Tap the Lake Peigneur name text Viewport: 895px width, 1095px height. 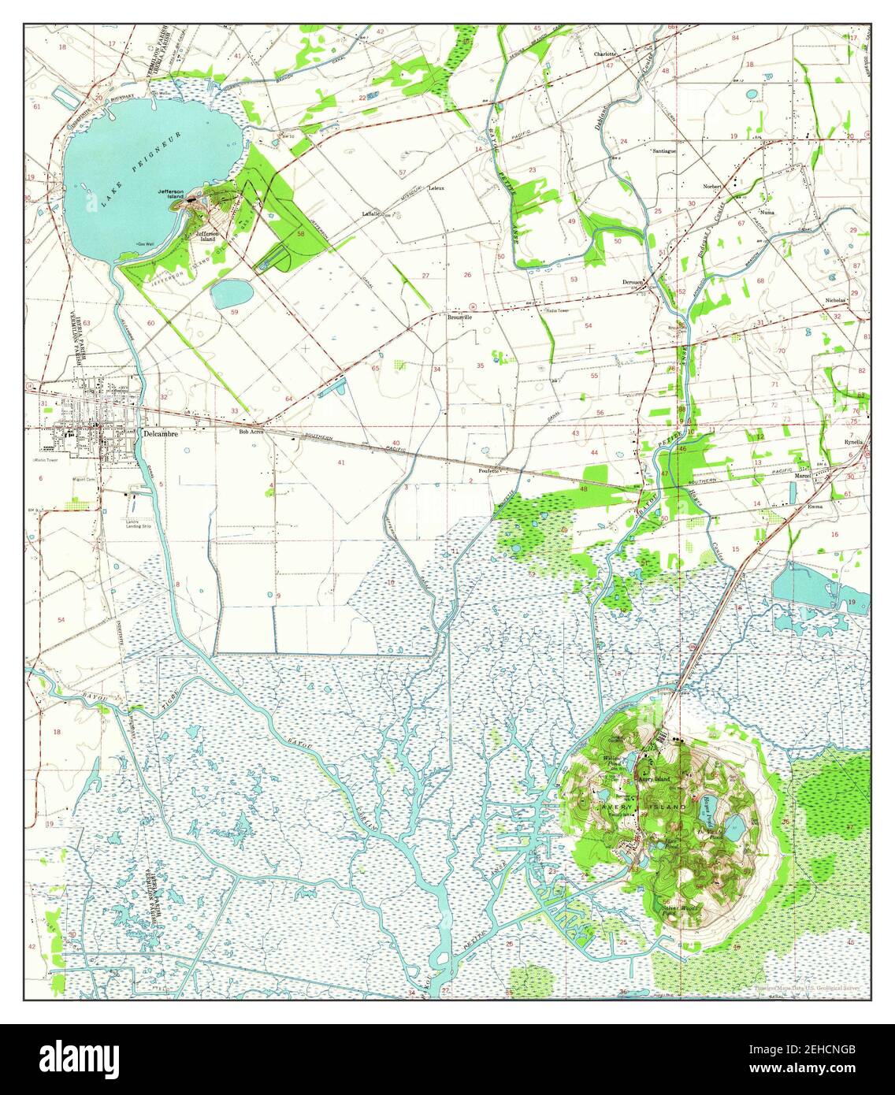coord(143,168)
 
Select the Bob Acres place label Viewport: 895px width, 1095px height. coord(251,432)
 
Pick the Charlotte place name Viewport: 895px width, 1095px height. coord(604,54)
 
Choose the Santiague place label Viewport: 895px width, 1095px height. coord(663,150)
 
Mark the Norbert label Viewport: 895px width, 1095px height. coord(711,187)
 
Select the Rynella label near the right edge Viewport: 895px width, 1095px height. coord(853,441)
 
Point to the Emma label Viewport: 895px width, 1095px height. coord(815,507)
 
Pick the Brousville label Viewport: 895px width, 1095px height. coord(459,317)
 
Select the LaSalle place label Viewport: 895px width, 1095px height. coord(371,213)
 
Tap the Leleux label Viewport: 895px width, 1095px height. coord(436,188)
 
